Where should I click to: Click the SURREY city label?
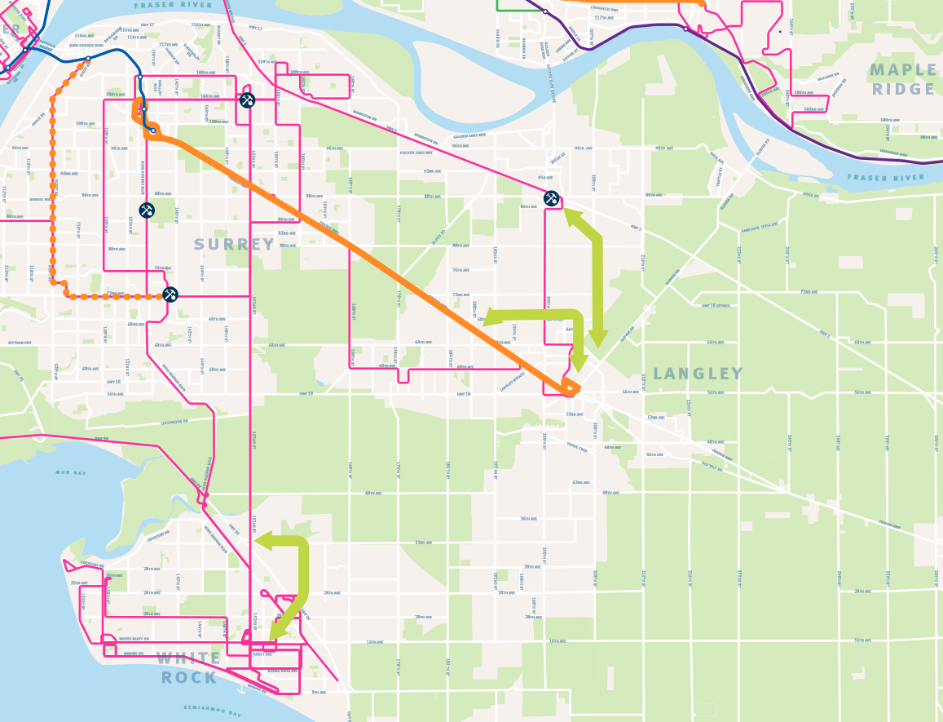click(x=235, y=245)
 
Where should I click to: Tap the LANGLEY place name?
click(x=698, y=374)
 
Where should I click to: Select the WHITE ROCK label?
click(x=188, y=667)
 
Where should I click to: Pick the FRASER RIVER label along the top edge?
click(x=174, y=5)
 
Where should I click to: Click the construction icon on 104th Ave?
click(x=248, y=100)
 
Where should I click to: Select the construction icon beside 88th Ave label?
click(x=147, y=210)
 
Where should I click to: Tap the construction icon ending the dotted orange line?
click(x=170, y=295)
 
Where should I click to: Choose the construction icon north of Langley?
click(x=551, y=198)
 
